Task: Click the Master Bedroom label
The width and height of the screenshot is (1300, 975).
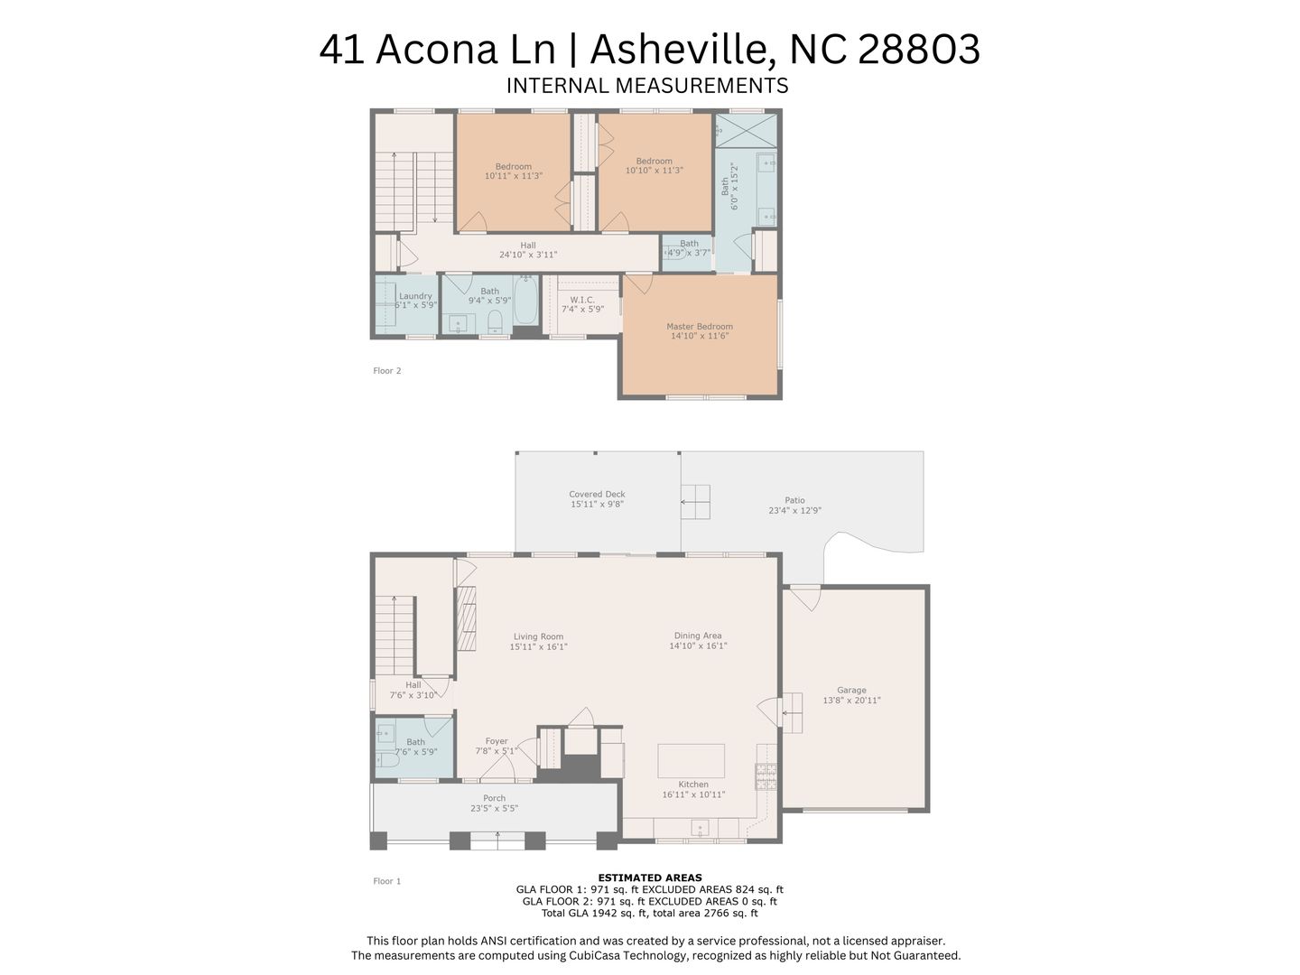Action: point(700,326)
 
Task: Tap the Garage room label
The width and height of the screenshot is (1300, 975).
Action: point(851,690)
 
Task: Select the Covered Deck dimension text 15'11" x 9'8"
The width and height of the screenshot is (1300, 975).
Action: point(597,504)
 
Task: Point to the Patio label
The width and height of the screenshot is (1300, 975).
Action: point(794,500)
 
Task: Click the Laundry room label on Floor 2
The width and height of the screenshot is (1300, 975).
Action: point(415,296)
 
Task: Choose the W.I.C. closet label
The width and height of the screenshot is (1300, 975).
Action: point(583,300)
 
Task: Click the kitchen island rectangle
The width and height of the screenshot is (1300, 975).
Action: point(692,761)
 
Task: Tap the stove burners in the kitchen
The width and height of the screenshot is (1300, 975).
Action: point(766,776)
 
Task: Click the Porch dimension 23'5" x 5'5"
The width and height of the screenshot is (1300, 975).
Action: point(495,808)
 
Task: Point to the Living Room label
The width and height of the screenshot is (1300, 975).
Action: point(538,636)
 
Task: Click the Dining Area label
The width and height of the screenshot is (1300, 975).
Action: point(698,636)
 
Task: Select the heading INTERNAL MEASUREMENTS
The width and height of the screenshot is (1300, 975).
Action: point(647,86)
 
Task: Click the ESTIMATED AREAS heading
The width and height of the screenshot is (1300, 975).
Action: point(650,877)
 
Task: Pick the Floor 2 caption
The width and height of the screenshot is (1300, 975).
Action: point(387,370)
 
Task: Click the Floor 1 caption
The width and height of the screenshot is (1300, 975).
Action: point(387,881)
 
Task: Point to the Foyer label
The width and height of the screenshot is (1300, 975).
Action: point(497,741)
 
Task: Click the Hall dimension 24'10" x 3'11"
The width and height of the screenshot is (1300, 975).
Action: point(528,255)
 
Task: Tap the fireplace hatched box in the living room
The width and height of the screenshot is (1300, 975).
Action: point(466,618)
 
